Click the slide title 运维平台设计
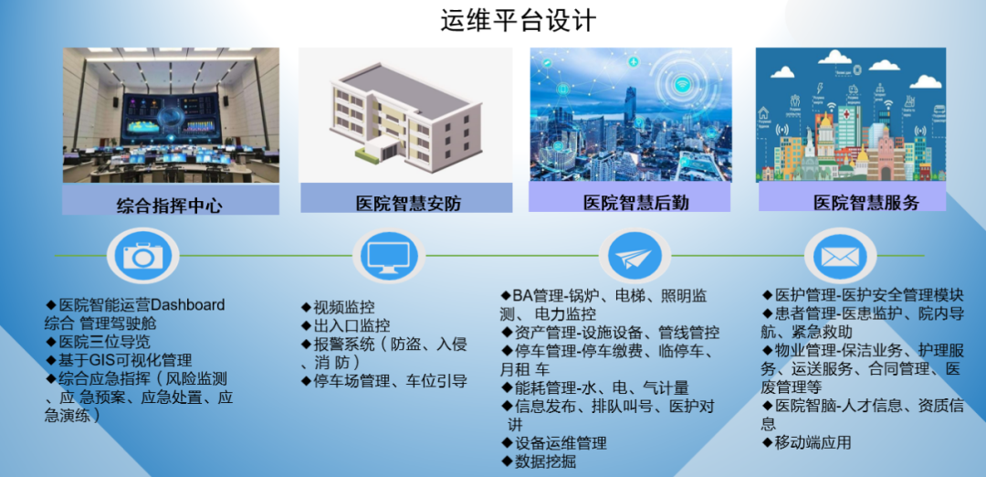click(519, 21)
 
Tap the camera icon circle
click(143, 256)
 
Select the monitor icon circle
click(389, 256)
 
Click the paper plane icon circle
click(635, 256)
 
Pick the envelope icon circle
click(840, 256)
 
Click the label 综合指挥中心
click(170, 206)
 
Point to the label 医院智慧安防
click(409, 203)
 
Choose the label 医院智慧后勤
click(635, 203)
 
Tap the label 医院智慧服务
click(866, 203)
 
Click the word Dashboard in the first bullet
click(188, 305)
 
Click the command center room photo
click(171, 115)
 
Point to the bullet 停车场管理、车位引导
click(390, 381)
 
